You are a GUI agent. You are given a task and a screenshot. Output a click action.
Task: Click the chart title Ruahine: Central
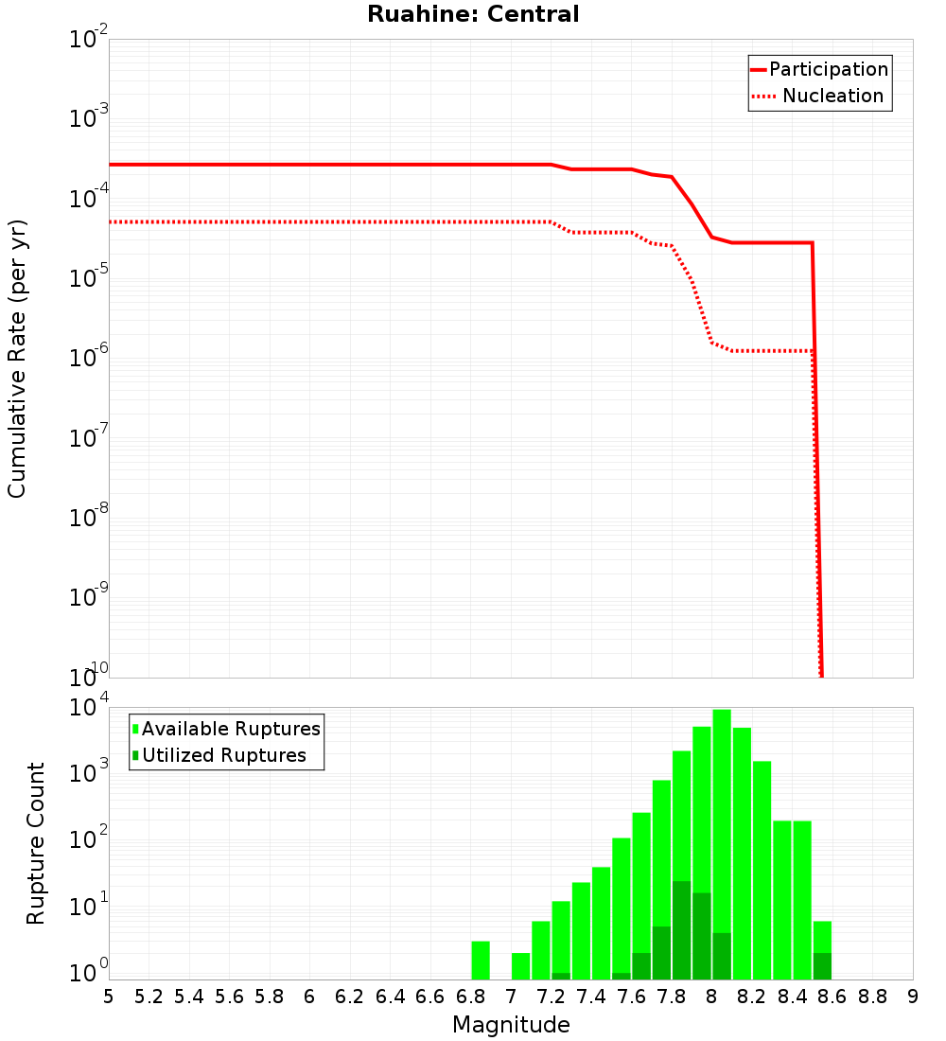(x=473, y=14)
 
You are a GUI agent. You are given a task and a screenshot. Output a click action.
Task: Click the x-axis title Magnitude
(x=511, y=1025)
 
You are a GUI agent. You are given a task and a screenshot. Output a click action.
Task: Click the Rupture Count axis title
(x=36, y=842)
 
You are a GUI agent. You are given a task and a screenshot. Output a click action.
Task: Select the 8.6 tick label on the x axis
(x=832, y=997)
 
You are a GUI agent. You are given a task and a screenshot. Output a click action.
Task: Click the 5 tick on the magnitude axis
(x=109, y=997)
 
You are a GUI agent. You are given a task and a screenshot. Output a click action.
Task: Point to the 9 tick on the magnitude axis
(x=913, y=997)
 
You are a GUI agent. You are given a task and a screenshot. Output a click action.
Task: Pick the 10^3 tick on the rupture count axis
(x=87, y=774)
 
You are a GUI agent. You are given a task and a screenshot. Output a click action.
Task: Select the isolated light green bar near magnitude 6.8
(x=481, y=960)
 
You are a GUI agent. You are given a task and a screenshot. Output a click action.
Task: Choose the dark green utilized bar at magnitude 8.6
(x=822, y=966)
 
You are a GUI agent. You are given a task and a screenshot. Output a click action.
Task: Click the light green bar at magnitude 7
(x=520, y=965)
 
